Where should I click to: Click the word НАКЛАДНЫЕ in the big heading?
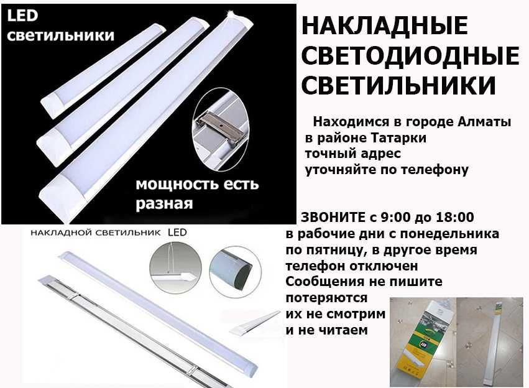(384, 27)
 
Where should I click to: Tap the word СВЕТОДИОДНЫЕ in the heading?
(410, 57)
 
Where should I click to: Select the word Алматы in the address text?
(488, 122)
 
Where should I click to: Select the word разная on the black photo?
(164, 203)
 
